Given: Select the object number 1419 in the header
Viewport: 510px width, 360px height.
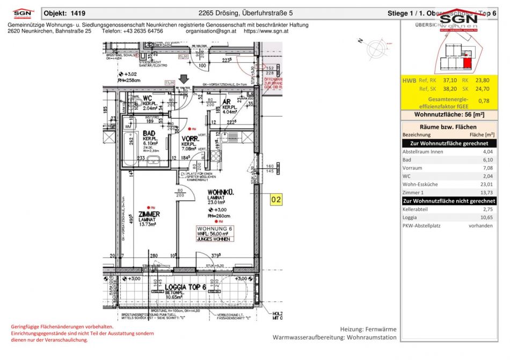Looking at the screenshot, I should coord(76,13).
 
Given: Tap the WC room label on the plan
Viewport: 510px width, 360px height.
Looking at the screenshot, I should coord(147,98).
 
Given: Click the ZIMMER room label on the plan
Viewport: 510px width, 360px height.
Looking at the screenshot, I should coord(149,214).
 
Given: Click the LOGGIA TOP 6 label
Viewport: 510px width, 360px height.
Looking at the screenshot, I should coord(185,287).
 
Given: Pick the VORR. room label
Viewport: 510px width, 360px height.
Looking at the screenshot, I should coord(191,138).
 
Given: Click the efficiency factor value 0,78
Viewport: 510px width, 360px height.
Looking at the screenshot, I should coord(484,100).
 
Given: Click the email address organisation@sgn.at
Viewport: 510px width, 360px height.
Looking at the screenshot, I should coord(211,31).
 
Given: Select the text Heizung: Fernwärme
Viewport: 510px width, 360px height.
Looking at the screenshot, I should coord(368,328).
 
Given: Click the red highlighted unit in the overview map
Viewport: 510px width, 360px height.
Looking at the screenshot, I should coord(468,64).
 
